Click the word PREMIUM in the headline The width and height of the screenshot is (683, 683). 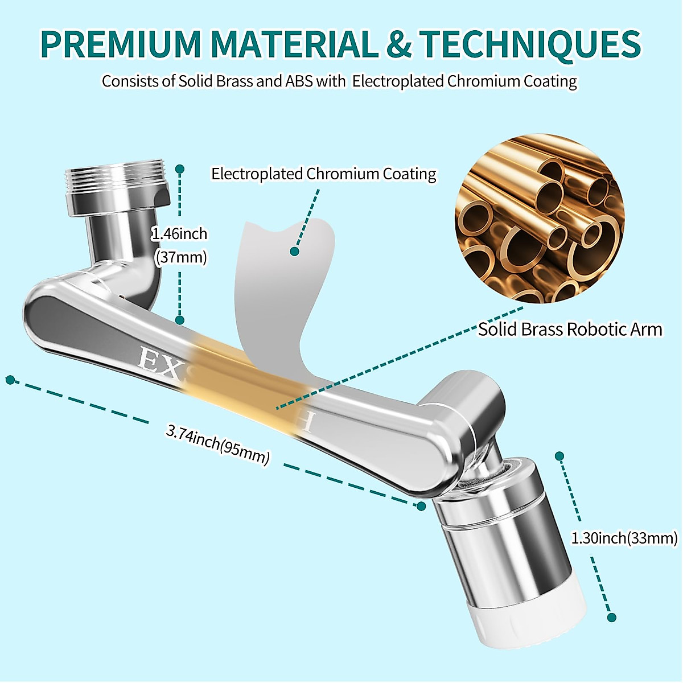pyautogui.click(x=121, y=44)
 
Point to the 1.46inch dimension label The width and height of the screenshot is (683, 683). pyautogui.click(x=179, y=234)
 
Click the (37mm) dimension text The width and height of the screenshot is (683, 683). pyautogui.click(x=181, y=257)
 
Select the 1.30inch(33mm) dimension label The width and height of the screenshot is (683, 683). pyautogui.click(x=624, y=538)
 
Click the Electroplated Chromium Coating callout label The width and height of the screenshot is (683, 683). pyautogui.click(x=323, y=174)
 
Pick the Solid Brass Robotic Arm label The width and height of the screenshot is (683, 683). pyautogui.click(x=570, y=330)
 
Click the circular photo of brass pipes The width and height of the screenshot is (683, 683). pyautogui.click(x=539, y=218)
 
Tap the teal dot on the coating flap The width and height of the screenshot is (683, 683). pyautogui.click(x=294, y=251)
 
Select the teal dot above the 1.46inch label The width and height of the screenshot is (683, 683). pyautogui.click(x=180, y=169)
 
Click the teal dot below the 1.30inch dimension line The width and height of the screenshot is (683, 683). pyautogui.click(x=612, y=618)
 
